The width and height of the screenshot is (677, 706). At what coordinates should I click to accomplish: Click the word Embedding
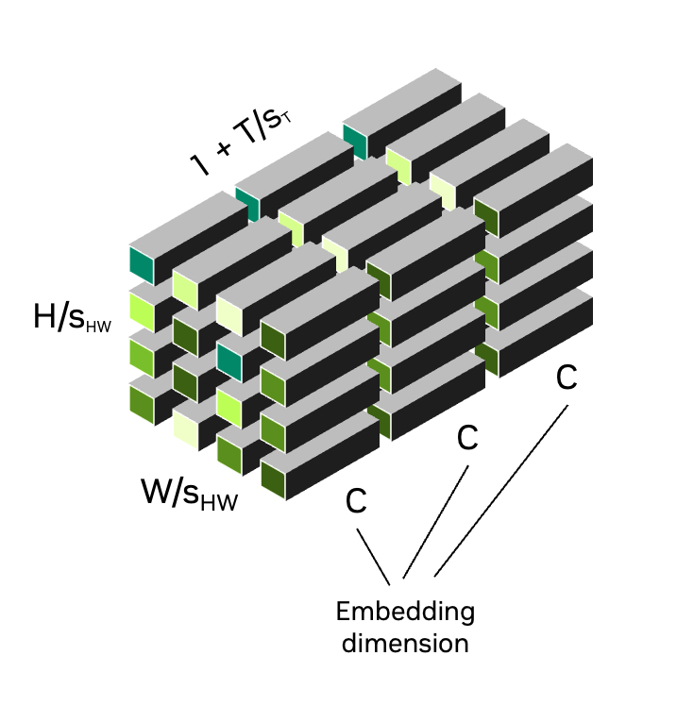pyautogui.click(x=405, y=612)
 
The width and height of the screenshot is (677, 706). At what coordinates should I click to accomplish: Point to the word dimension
pyautogui.click(x=405, y=644)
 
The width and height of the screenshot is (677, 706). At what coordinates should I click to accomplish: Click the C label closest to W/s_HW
pyautogui.click(x=355, y=501)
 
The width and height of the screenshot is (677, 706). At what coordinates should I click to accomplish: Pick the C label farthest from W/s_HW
pyautogui.click(x=566, y=378)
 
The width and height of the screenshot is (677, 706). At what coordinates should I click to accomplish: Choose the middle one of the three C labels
pyautogui.click(x=466, y=438)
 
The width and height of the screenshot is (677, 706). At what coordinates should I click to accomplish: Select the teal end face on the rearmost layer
pyautogui.click(x=355, y=140)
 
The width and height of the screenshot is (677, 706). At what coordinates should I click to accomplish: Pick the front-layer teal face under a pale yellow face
pyautogui.click(x=229, y=361)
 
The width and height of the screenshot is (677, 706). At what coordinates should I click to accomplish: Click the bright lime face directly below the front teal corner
pyautogui.click(x=142, y=309)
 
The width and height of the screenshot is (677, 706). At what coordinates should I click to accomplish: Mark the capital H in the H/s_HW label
pyautogui.click(x=44, y=318)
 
